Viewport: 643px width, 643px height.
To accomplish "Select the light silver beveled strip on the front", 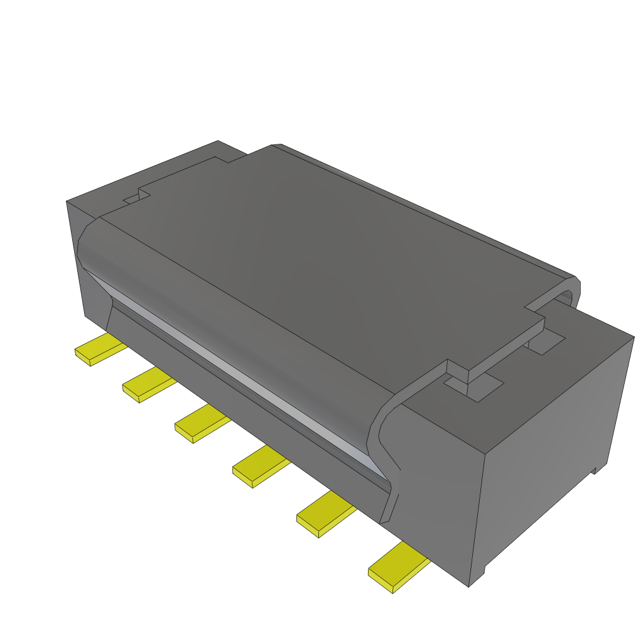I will [239, 370].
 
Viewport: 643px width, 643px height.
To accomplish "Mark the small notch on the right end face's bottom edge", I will [594, 470].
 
